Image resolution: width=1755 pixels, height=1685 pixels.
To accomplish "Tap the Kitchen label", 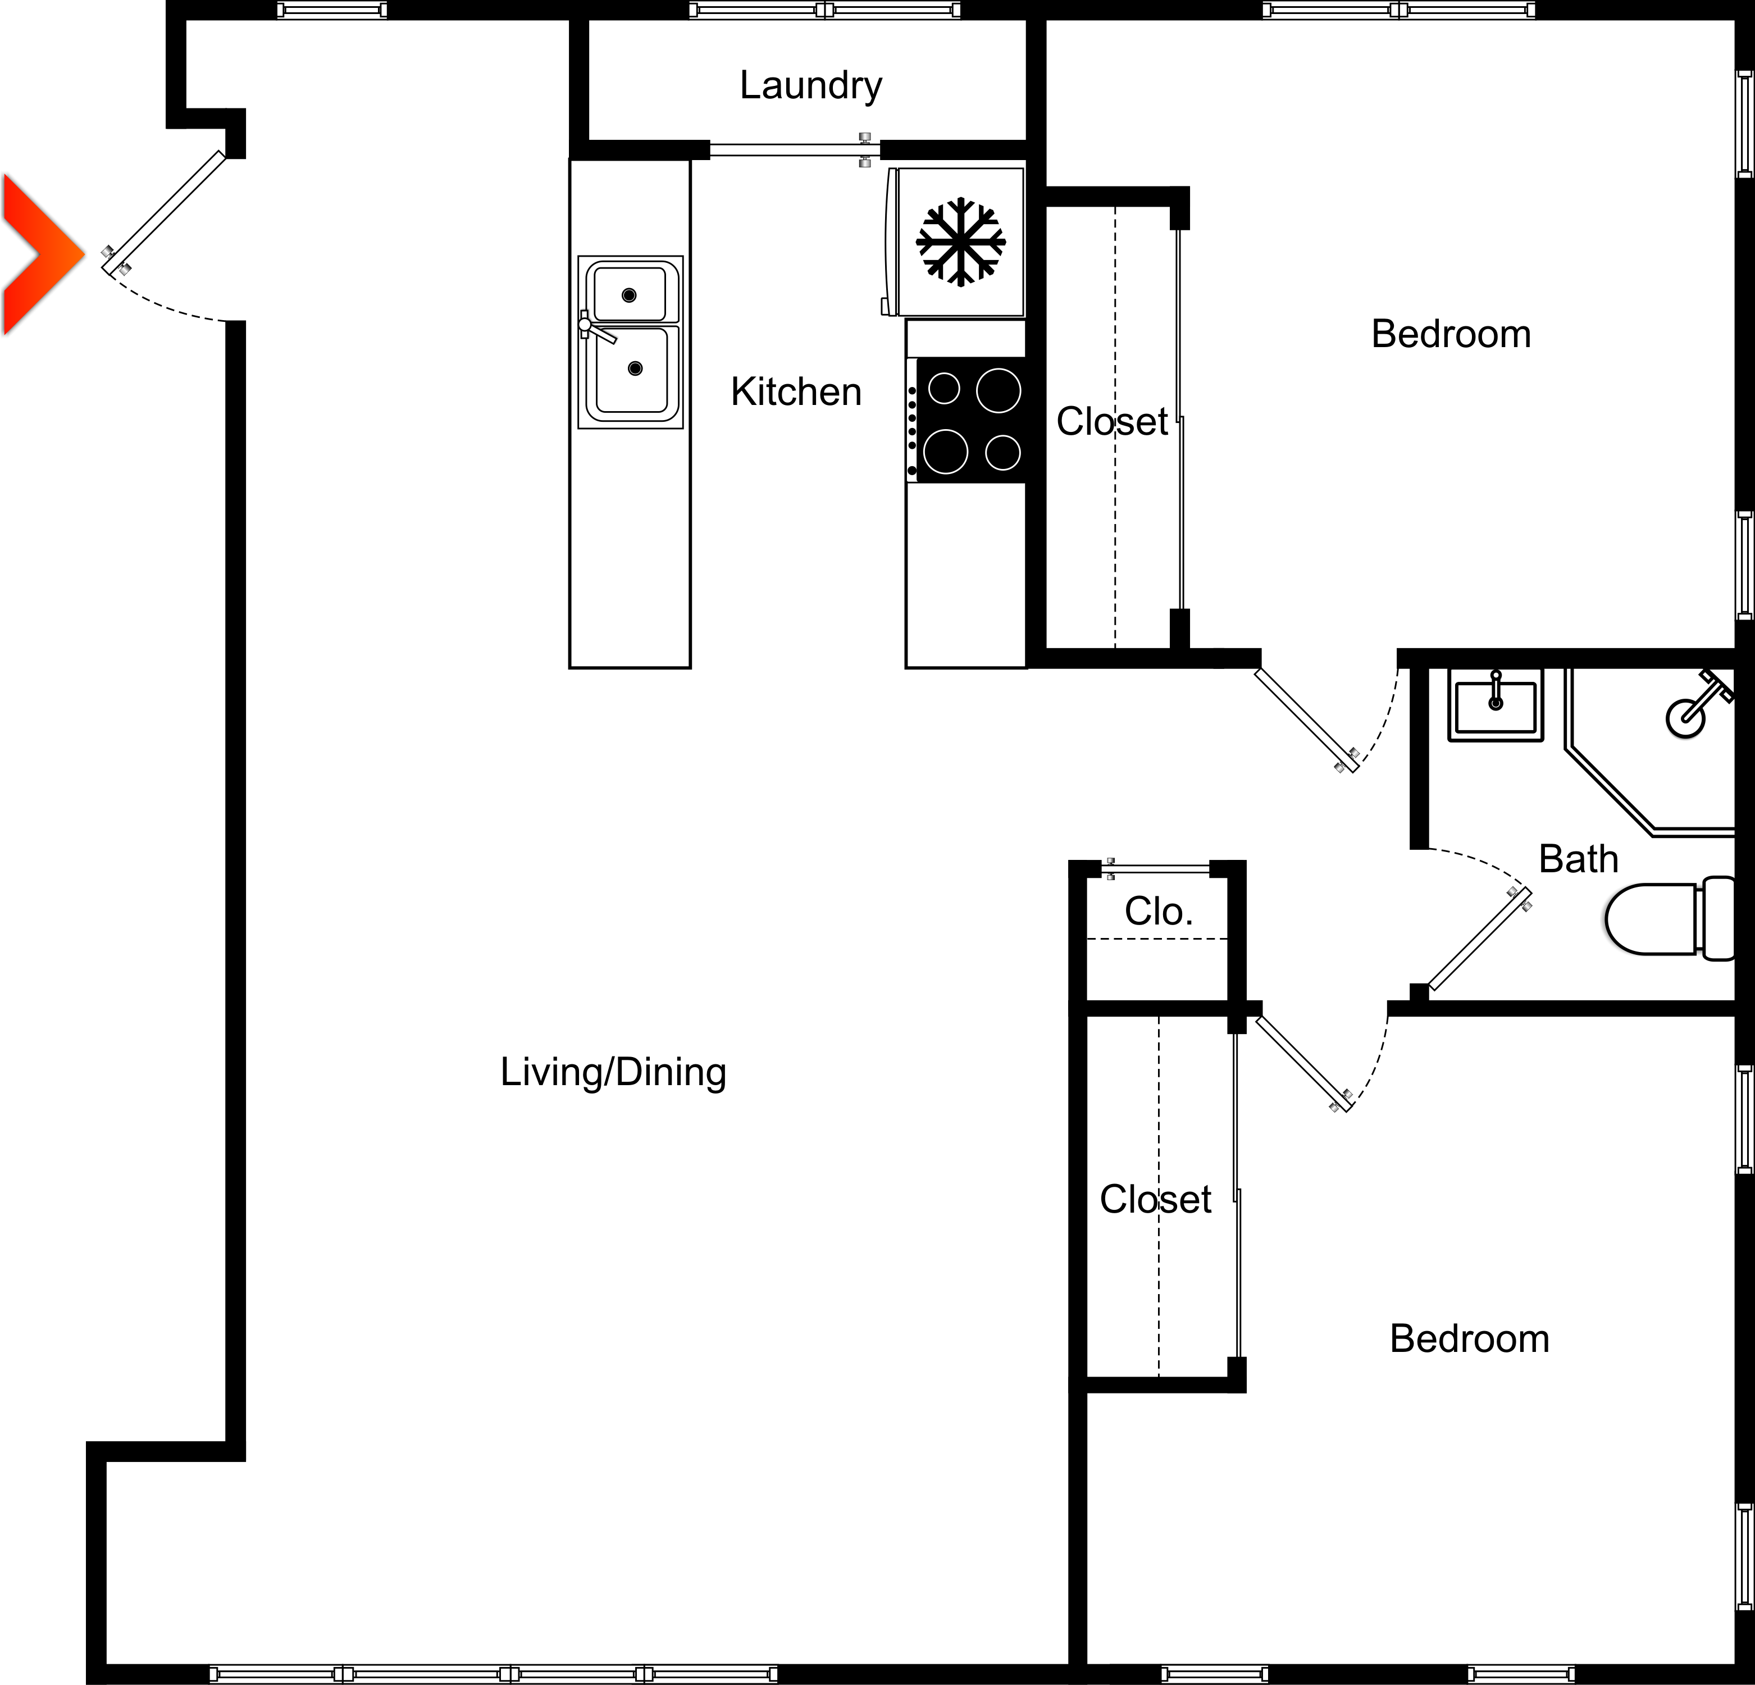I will [x=795, y=392].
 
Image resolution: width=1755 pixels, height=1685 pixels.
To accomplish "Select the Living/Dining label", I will [x=613, y=1072].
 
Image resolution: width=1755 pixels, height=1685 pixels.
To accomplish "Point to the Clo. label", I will [x=1158, y=912].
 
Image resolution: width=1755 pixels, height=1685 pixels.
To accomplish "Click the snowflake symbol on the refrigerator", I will [x=960, y=242].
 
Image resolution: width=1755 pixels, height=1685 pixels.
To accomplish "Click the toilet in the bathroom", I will [x=1666, y=918].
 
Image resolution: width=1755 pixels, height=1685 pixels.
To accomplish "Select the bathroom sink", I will [x=1496, y=707].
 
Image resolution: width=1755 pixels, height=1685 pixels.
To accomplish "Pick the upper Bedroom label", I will [x=1451, y=334].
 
